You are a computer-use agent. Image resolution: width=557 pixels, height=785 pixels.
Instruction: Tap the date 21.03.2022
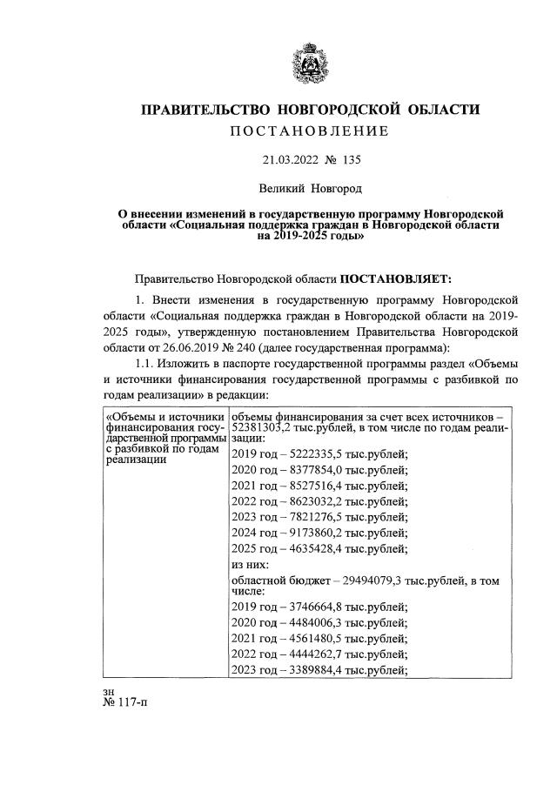tap(291, 160)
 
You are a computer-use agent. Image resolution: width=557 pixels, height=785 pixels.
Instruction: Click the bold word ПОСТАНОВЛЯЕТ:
tap(396, 278)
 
